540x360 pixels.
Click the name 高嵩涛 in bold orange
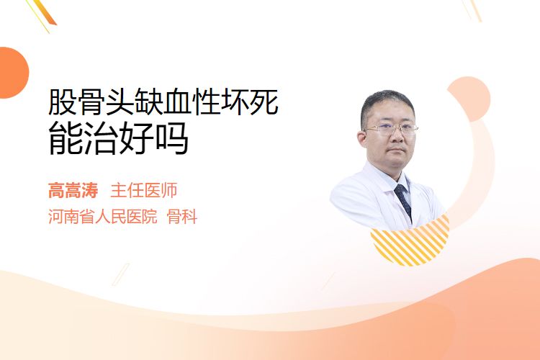(73, 191)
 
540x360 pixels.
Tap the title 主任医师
(144, 191)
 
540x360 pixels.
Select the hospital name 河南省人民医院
(103, 217)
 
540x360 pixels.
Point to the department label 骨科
(182, 217)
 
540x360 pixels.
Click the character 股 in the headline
(63, 102)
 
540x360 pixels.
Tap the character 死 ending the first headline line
(264, 102)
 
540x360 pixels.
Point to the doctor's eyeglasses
(391, 129)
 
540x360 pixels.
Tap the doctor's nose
(397, 137)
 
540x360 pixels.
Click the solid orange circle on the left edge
(13, 73)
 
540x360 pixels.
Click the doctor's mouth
(397, 150)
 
